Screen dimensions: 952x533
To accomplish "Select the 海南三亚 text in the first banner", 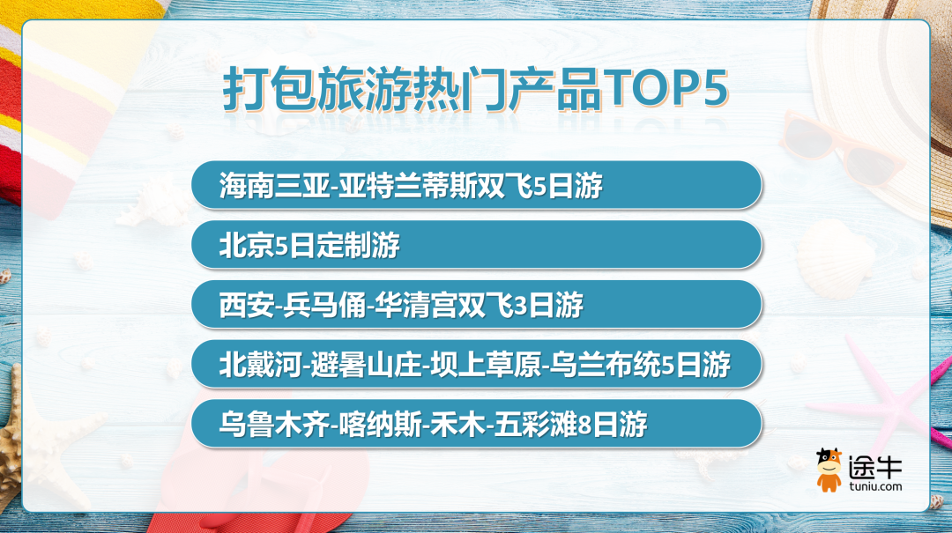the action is point(274,185).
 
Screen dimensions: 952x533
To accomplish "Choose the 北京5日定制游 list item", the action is point(309,245).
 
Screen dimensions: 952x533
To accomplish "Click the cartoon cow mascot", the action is point(828,470).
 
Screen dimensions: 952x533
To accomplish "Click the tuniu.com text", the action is point(875,486).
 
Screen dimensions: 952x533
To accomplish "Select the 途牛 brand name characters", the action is point(875,466).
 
